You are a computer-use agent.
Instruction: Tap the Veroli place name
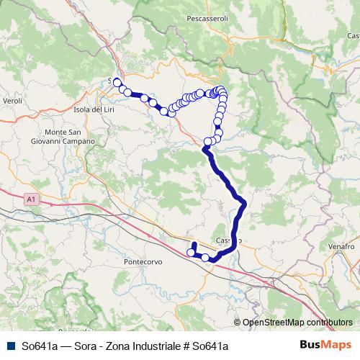click(x=12, y=102)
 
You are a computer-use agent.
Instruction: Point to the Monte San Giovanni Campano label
click(x=70, y=137)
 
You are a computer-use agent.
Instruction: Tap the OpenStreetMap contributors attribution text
click(x=297, y=323)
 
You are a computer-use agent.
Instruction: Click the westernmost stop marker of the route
click(x=117, y=81)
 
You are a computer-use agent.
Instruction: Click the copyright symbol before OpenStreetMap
click(x=238, y=323)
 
